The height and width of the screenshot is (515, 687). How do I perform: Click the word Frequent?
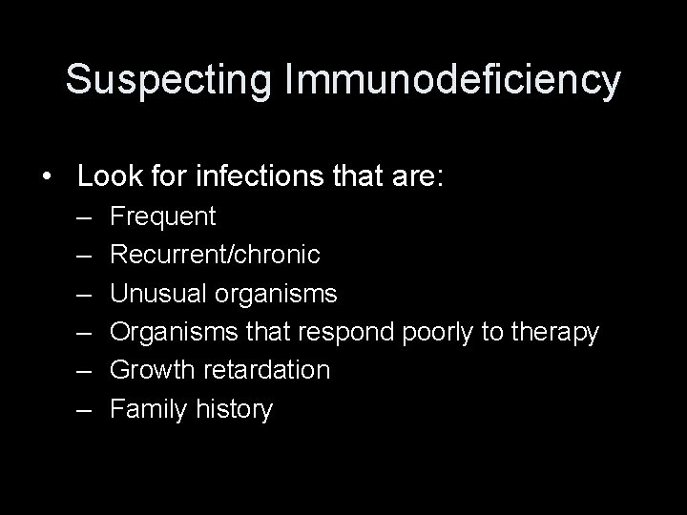coord(163,216)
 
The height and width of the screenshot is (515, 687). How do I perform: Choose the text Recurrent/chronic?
coord(215,255)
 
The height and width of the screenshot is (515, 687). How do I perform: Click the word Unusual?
coord(158,294)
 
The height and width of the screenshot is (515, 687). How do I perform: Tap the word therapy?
coord(554,333)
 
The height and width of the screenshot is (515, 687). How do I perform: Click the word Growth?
coord(151,370)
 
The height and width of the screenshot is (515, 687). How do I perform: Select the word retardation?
coord(264,370)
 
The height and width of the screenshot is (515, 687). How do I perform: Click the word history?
coord(235,409)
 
